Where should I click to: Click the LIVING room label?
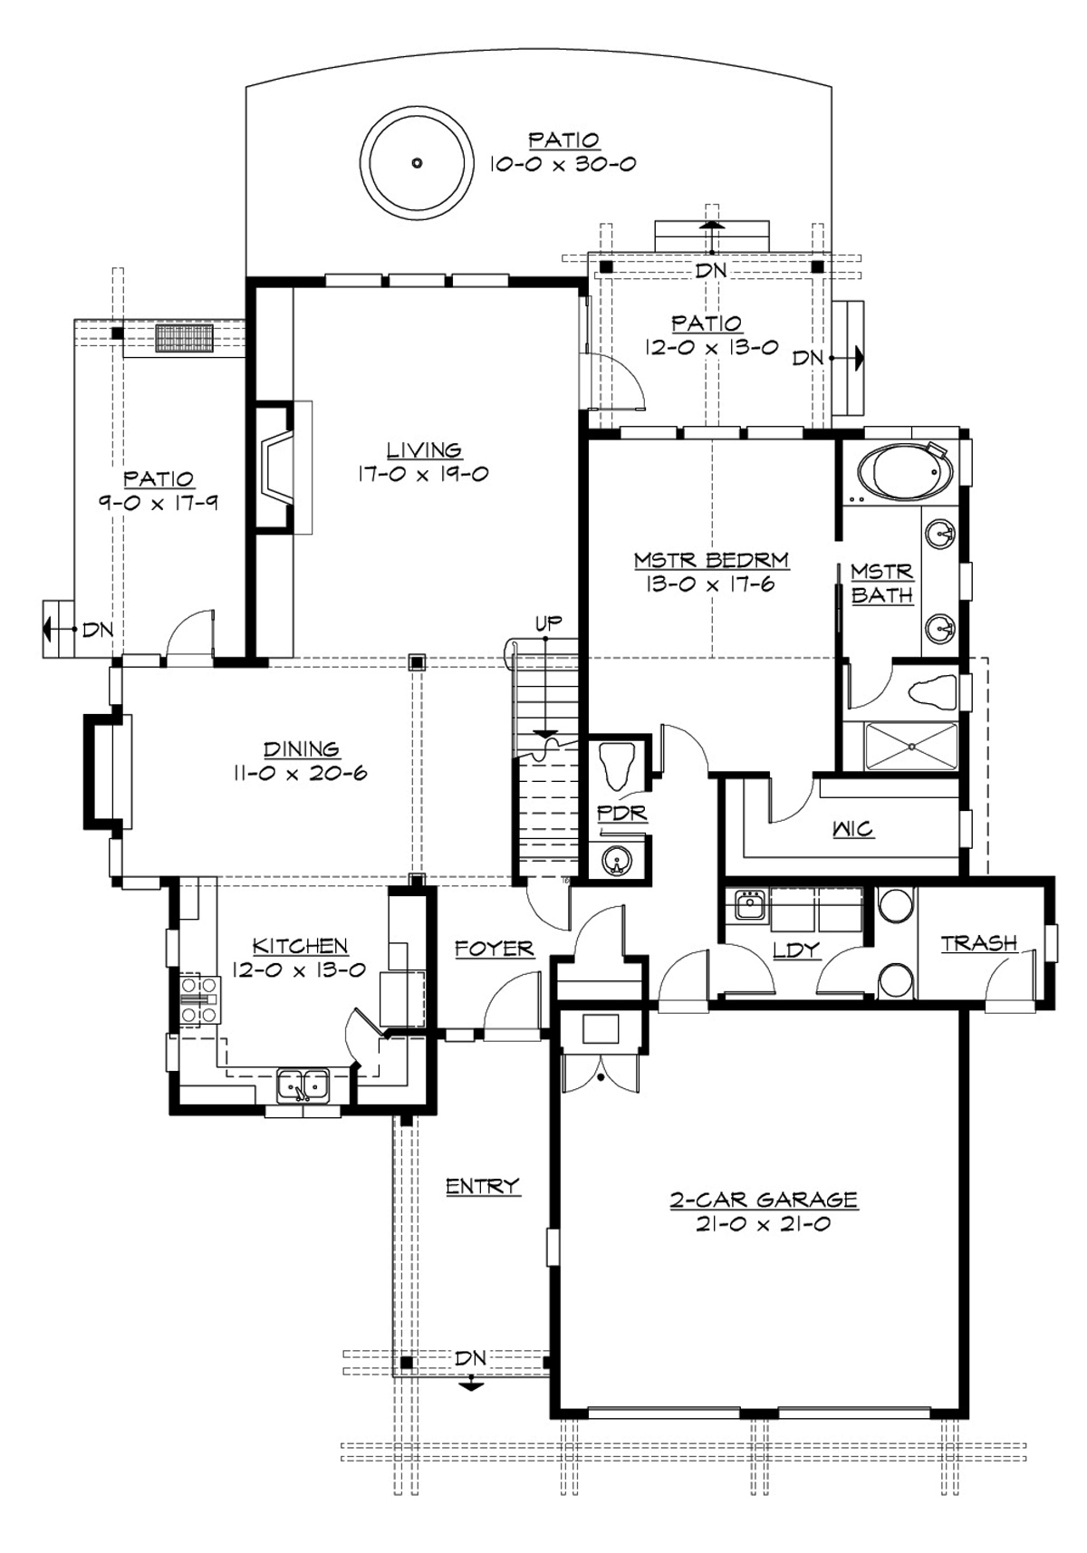pyautogui.click(x=424, y=449)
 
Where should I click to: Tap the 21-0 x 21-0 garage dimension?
pyautogui.click(x=764, y=1225)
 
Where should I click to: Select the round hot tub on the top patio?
pyautogui.click(x=417, y=163)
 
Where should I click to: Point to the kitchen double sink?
pyautogui.click(x=303, y=1084)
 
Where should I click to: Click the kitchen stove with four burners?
pyautogui.click(x=199, y=999)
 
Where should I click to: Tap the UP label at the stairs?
pyautogui.click(x=548, y=622)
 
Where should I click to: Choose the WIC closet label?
pyautogui.click(x=852, y=828)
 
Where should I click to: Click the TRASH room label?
pyautogui.click(x=978, y=943)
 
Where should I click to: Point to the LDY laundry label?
pyautogui.click(x=796, y=950)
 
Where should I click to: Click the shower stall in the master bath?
pyautogui.click(x=910, y=747)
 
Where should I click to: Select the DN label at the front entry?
pyautogui.click(x=470, y=1358)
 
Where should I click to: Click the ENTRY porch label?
pyautogui.click(x=483, y=1186)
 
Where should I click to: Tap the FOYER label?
pyautogui.click(x=494, y=949)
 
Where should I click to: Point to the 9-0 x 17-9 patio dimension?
pyautogui.click(x=159, y=503)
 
